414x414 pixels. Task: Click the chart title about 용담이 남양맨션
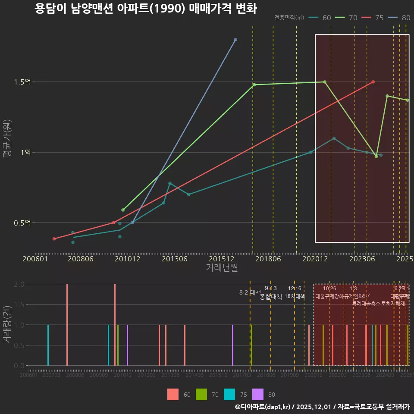tap(146, 9)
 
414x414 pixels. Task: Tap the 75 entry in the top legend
tap(379, 18)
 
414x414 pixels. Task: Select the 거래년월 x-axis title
tap(222, 267)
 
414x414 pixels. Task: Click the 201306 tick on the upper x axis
tap(174, 259)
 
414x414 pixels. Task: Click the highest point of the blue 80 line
tap(235, 40)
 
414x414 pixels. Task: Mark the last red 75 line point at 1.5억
tap(373, 82)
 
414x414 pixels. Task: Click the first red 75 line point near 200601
tap(54, 238)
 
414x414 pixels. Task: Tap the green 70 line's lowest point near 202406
tap(376, 156)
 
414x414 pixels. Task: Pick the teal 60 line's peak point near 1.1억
tap(334, 138)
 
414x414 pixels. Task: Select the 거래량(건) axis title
tap(7, 325)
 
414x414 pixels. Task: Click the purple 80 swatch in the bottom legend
tap(258, 394)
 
